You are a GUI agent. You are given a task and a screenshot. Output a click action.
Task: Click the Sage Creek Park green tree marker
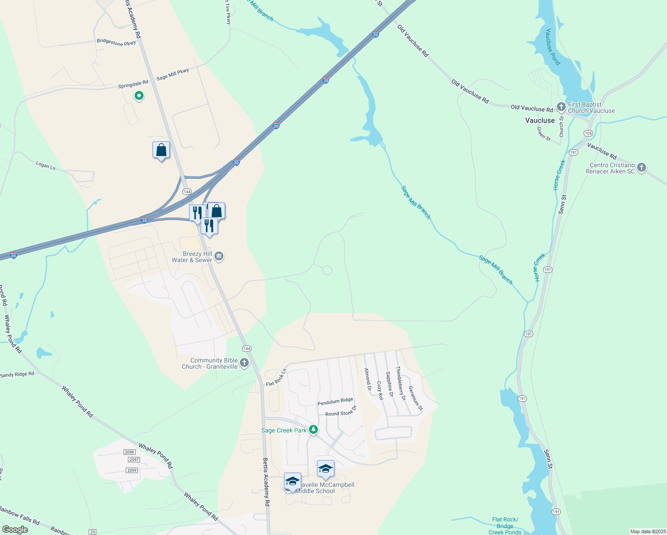(313, 430)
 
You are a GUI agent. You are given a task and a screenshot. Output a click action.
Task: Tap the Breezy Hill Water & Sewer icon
(219, 256)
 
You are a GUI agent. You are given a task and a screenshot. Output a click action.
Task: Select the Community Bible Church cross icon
(244, 363)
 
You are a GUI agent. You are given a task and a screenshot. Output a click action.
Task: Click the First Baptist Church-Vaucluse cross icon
(561, 107)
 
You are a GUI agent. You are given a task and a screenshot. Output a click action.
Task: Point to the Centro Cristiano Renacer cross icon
(641, 168)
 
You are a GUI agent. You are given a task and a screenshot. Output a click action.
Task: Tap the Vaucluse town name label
(540, 120)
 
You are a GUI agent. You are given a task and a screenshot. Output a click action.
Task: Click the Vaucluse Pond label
(553, 47)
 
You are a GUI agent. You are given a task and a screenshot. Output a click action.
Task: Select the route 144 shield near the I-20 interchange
(187, 192)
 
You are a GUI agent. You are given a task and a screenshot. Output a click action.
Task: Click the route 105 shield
(588, 133)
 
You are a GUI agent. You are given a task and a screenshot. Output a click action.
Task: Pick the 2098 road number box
(129, 452)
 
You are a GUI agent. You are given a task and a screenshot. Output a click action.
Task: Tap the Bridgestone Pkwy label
(116, 43)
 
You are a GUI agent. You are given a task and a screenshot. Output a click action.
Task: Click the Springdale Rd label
(133, 84)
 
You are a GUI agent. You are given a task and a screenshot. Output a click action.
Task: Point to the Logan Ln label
(45, 165)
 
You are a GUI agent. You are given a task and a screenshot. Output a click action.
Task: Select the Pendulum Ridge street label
(335, 402)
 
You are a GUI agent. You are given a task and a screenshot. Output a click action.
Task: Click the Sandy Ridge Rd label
(17, 374)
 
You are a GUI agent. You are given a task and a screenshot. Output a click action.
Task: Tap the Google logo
(15, 530)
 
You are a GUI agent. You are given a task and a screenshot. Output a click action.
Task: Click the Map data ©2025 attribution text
(647, 531)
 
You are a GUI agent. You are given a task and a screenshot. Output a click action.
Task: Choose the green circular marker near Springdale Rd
(139, 95)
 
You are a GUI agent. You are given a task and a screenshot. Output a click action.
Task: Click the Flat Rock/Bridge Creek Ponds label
(505, 526)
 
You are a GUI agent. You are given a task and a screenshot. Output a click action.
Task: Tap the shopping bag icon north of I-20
(161, 150)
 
